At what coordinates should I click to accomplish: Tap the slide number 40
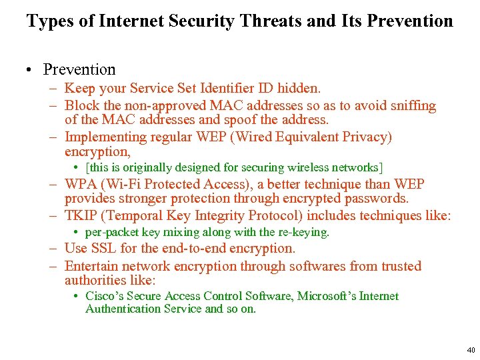(471, 349)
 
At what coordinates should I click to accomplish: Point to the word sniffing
(411, 105)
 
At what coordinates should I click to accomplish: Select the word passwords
(375, 199)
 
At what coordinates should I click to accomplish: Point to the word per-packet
(108, 232)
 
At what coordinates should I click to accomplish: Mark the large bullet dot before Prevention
(31, 70)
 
